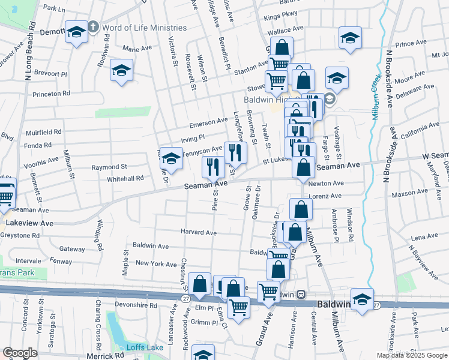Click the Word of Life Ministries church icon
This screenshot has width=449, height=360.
93,28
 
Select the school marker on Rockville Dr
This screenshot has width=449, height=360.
172,159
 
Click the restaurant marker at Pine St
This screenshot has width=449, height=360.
212,167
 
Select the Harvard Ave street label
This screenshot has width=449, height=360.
199,232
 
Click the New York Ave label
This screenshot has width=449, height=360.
156,263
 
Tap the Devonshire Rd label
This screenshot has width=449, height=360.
136,305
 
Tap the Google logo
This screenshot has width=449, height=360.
20,353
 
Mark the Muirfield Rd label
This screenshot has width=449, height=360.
43,132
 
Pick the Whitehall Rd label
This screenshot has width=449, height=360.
125,178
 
